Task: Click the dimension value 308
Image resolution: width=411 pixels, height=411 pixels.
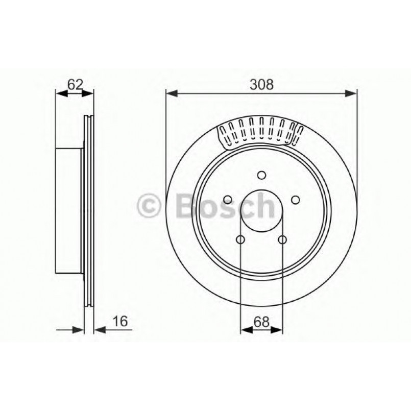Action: point(261,85)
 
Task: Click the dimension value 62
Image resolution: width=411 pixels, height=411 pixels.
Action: point(75,85)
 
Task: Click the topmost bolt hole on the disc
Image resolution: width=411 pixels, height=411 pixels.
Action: point(261,176)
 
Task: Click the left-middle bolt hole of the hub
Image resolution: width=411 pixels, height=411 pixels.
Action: point(228,200)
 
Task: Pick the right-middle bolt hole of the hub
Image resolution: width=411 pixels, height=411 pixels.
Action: point(295,200)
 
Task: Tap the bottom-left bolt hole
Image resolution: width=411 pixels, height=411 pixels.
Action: point(241,239)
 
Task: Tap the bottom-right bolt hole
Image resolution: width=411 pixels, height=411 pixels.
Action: point(282,239)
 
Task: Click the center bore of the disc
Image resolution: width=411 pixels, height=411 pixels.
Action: point(261,211)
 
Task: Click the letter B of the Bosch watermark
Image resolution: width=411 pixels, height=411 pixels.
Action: point(185,206)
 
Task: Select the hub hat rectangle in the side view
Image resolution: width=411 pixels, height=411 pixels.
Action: point(69,211)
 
